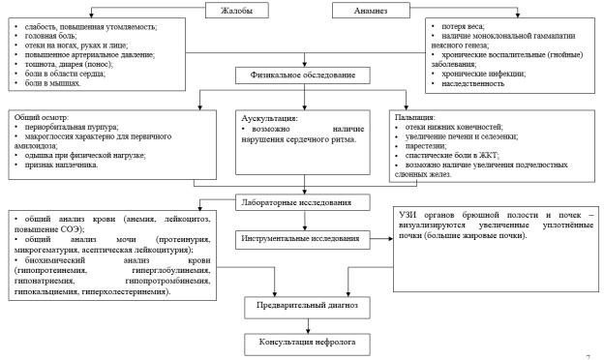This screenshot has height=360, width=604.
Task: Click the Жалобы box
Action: coord(236,11)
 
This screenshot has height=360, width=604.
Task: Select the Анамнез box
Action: coord(371,11)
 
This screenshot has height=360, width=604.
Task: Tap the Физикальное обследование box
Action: coord(303,75)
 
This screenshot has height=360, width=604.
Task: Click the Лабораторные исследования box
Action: coord(303,202)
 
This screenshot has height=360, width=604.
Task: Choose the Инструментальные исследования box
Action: coord(303,239)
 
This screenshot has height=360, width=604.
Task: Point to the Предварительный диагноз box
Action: coord(307,307)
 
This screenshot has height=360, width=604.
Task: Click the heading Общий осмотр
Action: coord(42,117)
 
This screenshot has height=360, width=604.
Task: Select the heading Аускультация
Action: coord(270,118)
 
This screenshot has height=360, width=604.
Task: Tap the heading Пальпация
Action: coord(415,117)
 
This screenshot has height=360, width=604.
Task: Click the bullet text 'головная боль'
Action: coord(50,36)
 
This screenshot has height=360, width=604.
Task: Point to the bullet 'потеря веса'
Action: coord(463,26)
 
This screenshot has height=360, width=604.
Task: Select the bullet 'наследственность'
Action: coord(472,83)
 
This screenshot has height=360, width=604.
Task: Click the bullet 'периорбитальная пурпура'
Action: coord(72,127)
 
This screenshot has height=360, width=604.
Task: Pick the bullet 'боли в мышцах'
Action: coord(52,83)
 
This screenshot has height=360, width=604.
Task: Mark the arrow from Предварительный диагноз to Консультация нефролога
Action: coord(308,326)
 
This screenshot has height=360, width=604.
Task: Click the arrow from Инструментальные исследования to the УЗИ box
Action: coord(381,239)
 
